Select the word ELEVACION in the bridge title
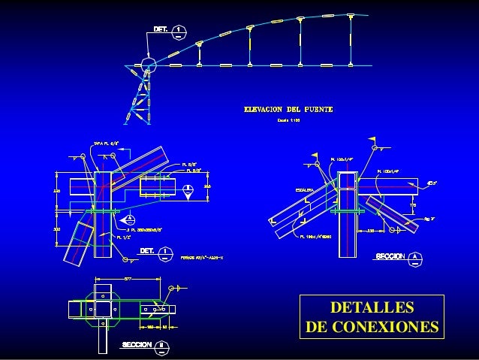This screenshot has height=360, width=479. [265, 110]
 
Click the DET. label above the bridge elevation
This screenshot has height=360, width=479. [161, 29]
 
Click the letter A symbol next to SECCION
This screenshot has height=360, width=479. [417, 256]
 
